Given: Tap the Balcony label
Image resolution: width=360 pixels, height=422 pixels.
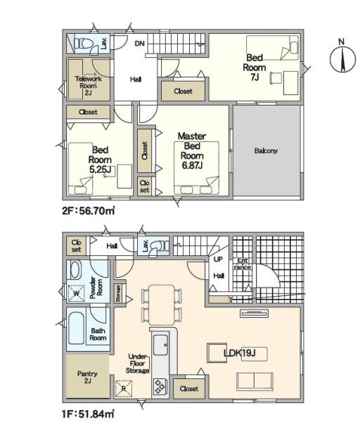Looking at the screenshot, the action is click(x=266, y=151).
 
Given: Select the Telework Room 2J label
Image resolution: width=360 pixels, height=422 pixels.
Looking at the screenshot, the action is click(x=89, y=86).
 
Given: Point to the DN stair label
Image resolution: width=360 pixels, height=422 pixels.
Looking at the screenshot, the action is click(x=139, y=44).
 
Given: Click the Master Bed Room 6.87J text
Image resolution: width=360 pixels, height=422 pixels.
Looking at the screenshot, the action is click(x=192, y=151).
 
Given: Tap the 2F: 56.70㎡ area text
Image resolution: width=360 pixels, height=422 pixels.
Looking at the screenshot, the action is click(x=89, y=210).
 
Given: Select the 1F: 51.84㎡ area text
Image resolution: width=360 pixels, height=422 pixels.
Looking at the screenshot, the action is click(x=88, y=414).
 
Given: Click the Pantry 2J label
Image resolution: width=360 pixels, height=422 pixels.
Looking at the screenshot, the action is click(x=87, y=377).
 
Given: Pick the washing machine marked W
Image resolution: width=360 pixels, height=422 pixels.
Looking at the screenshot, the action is click(x=77, y=293).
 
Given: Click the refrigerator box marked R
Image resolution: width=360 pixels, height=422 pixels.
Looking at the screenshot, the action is click(x=124, y=389).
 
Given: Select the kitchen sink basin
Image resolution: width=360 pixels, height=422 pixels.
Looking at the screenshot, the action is click(x=160, y=345).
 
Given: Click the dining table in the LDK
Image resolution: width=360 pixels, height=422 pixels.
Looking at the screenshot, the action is click(x=162, y=305).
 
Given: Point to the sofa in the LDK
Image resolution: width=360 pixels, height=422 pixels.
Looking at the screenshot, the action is click(x=255, y=382).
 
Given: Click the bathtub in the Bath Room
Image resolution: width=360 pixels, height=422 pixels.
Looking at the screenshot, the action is click(x=76, y=328).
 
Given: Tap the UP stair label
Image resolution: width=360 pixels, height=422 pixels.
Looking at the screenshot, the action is click(x=218, y=259).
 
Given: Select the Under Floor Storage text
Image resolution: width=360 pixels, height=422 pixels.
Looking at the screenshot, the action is click(x=138, y=364).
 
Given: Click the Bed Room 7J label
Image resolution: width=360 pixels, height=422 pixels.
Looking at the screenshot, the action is click(x=255, y=68).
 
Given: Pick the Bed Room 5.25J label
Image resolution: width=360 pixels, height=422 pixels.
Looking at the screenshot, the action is click(x=100, y=160).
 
